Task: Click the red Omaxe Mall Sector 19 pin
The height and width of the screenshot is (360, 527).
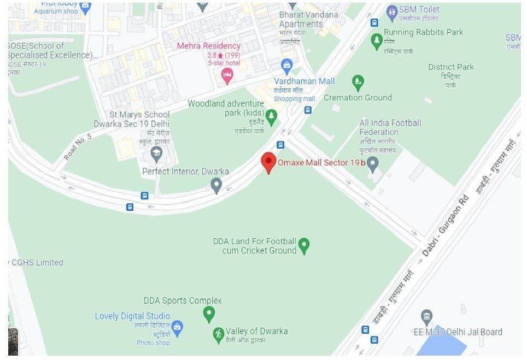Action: point(267,162)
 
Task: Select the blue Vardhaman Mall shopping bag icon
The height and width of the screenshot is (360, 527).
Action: point(287,66)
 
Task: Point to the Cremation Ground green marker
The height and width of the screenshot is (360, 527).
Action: point(358,82)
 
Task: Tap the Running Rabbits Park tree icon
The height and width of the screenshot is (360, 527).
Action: point(376,40)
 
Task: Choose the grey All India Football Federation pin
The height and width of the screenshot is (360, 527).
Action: point(373,163)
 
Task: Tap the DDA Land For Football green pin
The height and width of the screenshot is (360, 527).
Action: point(304,245)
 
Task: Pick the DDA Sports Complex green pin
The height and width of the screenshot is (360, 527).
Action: point(208,314)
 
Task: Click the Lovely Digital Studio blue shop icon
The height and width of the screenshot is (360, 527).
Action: point(177,327)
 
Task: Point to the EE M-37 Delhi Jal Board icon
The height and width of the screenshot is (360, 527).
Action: point(427,316)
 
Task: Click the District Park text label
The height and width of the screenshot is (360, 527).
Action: point(450,67)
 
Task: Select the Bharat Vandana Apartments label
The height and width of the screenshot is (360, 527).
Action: point(308,19)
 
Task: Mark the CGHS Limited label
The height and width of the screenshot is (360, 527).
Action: point(36,262)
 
